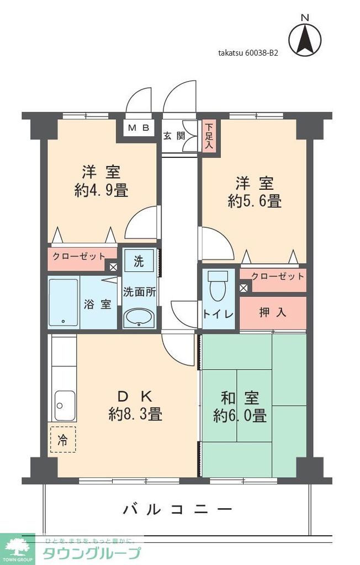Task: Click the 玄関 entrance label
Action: coord(173,135)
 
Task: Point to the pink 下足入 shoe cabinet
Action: coord(209,136)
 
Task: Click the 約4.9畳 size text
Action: coord(101,191)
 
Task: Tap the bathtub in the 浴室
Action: coord(63,302)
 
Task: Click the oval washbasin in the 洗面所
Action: coord(139,318)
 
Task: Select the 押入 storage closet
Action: coord(273,312)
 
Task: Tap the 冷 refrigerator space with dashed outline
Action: coord(63,439)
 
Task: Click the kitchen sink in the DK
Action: coord(64,406)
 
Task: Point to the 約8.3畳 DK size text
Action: coord(135,413)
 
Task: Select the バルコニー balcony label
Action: coord(177,509)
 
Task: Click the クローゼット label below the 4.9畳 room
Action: coord(79,256)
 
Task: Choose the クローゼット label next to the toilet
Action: coord(277,276)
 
